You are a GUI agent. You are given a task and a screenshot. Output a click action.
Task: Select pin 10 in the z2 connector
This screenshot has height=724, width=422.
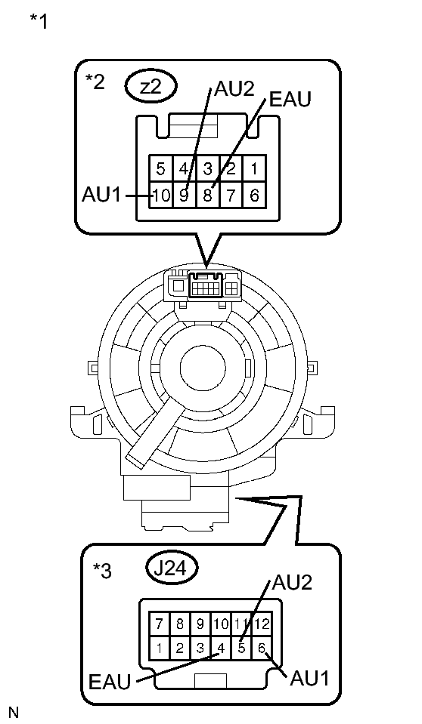(x=160, y=195)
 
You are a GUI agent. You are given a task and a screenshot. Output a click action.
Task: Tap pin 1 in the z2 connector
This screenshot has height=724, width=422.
(x=255, y=169)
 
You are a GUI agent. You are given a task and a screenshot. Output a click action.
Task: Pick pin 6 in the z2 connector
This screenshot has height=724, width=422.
(x=255, y=195)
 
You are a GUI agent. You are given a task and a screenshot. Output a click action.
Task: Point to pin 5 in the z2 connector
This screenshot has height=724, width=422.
(x=160, y=169)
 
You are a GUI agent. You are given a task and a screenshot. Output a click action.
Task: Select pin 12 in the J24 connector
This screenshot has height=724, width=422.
(x=261, y=625)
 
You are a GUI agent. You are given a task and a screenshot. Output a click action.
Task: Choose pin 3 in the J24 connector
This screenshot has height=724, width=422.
(x=200, y=647)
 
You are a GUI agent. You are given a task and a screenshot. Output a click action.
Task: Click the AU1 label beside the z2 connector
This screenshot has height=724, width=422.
(x=101, y=196)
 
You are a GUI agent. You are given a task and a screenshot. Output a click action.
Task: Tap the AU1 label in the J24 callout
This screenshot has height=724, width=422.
(x=310, y=676)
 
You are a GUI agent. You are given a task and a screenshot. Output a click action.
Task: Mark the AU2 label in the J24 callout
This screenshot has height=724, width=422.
(x=292, y=583)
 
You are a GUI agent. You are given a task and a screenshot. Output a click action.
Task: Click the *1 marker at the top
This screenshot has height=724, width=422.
(x=39, y=21)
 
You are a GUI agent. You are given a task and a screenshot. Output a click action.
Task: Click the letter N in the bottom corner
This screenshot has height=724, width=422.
(x=13, y=711)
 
